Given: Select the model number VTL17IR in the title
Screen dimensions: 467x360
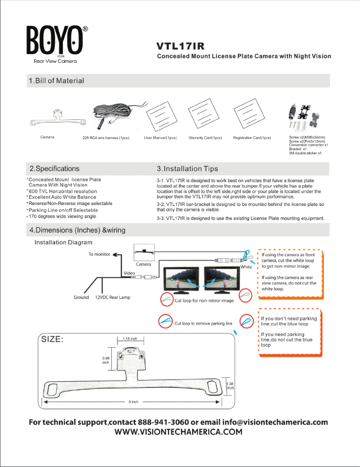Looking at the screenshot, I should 180,46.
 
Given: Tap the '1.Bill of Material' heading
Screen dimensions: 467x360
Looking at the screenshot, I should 56,81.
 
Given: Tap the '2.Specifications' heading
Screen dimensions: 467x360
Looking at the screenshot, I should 54,169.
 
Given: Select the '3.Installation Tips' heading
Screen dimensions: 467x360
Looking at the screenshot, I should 187,169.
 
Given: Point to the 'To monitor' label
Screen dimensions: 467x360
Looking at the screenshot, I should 99,254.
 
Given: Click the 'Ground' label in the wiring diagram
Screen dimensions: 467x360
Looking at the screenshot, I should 81,297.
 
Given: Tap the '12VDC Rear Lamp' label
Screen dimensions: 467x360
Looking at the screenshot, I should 113,297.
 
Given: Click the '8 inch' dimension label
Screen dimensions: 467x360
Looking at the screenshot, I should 133,402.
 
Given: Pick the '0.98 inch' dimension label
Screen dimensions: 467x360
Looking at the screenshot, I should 106,360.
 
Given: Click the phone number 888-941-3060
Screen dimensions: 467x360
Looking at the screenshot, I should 163,422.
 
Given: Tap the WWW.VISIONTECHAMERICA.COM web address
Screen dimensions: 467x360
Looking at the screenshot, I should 179,432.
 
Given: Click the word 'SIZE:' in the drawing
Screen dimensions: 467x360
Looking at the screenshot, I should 52,340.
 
